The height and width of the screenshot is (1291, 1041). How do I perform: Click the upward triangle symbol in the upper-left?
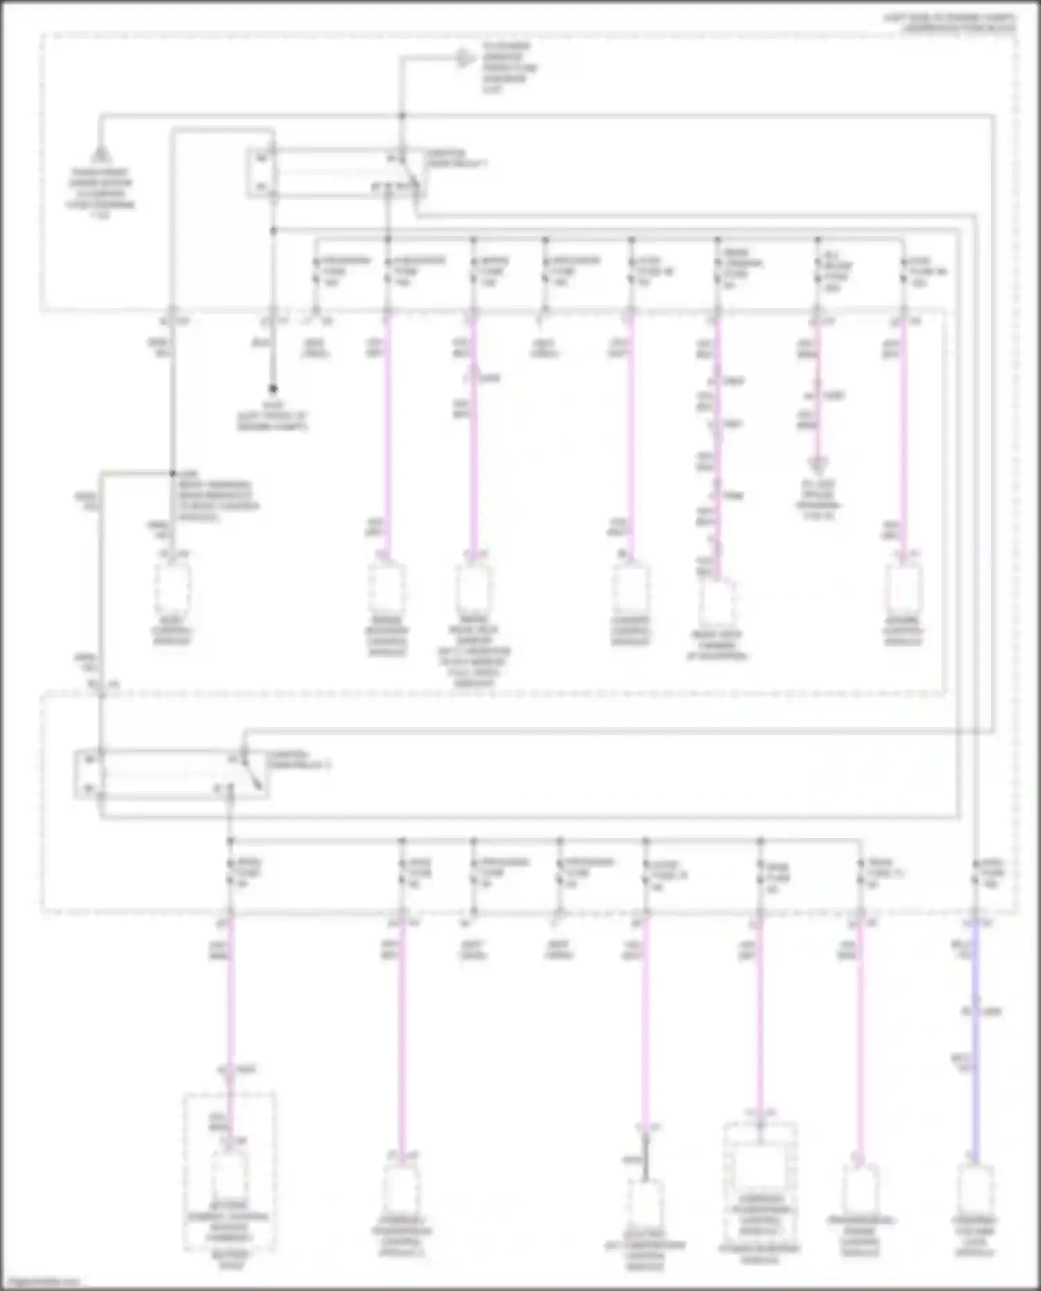click(x=101, y=153)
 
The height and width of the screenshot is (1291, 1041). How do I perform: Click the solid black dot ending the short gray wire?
click(x=273, y=390)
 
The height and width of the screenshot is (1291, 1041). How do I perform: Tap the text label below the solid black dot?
click(x=273, y=416)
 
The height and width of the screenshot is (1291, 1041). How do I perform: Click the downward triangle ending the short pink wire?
click(x=818, y=464)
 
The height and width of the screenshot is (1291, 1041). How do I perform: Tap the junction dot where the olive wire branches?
click(x=172, y=474)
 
